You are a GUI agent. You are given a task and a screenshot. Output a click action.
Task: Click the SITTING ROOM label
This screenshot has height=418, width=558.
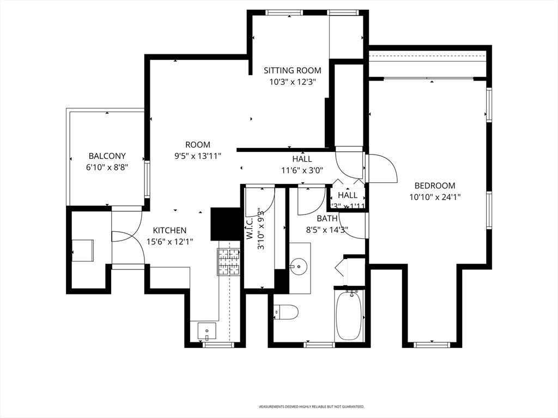(292, 70)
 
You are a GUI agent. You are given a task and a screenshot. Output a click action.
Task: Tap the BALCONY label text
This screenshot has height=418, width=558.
(107, 156)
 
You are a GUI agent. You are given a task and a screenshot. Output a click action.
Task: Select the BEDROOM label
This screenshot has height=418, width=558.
(434, 186)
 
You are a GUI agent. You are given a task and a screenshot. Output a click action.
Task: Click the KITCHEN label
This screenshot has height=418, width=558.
(169, 230)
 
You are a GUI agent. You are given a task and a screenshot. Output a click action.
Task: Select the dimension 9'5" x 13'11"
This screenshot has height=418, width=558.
(197, 156)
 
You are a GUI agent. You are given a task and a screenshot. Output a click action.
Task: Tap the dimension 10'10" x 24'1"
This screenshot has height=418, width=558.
(435, 197)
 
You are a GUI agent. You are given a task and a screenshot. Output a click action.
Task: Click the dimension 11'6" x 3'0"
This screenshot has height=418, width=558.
(302, 170)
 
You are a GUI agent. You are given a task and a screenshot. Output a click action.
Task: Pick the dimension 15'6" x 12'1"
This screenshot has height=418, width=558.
(169, 241)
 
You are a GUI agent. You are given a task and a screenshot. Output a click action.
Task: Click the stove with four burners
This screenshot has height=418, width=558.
(229, 261)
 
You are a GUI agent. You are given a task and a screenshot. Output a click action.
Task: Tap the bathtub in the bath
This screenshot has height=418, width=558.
(349, 316)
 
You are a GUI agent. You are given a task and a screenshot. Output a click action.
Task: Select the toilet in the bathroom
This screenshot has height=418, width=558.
(286, 312)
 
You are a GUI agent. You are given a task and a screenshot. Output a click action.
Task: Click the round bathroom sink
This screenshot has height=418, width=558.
(299, 267)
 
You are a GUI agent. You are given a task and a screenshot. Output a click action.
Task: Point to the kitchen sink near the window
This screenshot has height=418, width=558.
(207, 330)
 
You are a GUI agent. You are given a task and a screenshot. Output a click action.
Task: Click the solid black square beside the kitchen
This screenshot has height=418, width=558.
(225, 224)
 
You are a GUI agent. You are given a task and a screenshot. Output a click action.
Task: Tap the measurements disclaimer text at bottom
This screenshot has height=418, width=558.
(311, 407)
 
